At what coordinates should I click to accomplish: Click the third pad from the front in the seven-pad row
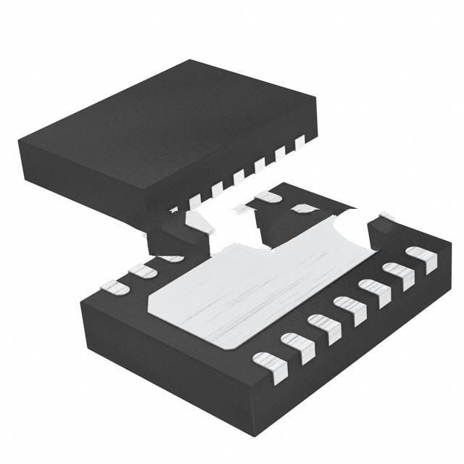323,327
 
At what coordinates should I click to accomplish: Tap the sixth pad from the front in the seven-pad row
398,275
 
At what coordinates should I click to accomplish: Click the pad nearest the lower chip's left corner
116,288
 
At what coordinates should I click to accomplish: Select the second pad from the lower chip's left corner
142,271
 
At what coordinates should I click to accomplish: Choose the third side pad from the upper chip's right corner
259,165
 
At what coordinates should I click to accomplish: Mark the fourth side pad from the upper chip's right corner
238,176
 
